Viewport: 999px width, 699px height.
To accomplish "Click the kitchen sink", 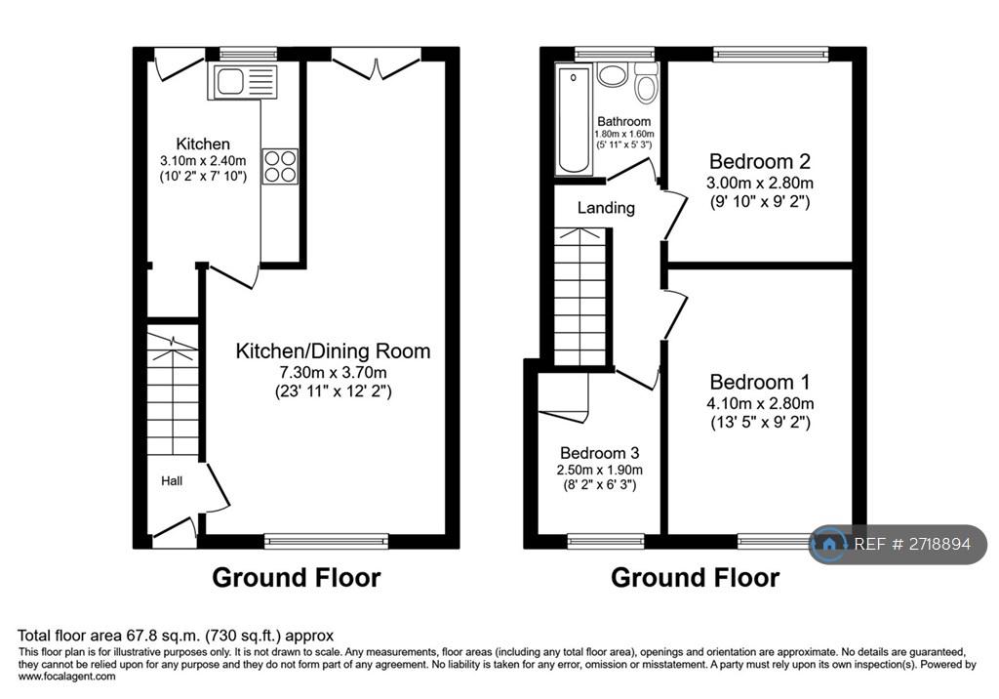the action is (243, 82).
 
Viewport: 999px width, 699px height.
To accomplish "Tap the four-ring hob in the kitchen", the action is (280, 166).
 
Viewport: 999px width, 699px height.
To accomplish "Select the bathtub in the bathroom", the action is (574, 119).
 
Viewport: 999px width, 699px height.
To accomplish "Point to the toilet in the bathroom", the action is (646, 84).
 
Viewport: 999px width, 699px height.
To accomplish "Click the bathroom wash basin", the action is (613, 74).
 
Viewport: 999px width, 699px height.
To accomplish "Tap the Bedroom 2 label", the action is (759, 161).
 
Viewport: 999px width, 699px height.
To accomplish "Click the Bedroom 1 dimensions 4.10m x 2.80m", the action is (760, 403).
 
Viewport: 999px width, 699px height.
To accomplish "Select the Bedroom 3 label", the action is (600, 453).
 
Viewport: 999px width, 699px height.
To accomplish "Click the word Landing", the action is (606, 208).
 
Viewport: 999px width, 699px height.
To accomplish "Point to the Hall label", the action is (172, 481).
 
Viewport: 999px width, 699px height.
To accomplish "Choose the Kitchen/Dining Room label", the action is (333, 350).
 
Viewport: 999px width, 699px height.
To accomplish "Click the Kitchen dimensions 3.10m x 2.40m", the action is (203, 161).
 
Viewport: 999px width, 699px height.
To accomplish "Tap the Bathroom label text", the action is (623, 121).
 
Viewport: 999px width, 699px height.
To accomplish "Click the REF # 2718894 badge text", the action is (912, 544).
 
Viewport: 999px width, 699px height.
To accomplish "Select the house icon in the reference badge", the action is (829, 544).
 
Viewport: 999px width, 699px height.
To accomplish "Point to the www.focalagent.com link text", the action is (67, 677).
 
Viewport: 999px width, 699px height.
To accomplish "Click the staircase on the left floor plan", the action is (173, 391).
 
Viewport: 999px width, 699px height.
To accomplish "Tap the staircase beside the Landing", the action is (579, 297).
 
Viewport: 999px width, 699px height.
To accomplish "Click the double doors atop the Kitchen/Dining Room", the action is (377, 63).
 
